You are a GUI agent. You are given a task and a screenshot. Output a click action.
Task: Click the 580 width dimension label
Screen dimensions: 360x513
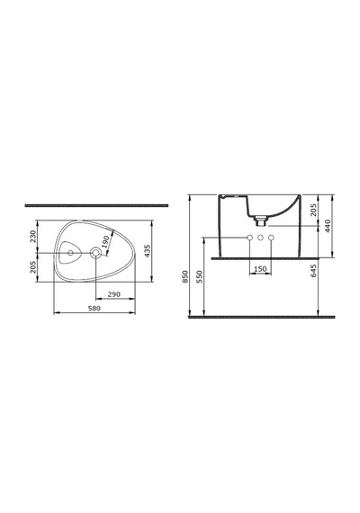(94, 308)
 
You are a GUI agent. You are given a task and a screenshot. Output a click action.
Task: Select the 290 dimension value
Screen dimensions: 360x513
(114, 294)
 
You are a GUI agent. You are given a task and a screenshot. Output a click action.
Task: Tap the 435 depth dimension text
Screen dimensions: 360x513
(148, 251)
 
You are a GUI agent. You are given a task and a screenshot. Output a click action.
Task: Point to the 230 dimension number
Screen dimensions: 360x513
(32, 237)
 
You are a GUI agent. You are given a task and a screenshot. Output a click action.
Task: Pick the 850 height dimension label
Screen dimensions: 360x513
(185, 277)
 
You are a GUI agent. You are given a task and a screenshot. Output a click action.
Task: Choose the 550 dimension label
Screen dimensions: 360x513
(200, 277)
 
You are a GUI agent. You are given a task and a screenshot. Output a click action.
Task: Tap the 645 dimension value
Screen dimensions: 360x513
(313, 271)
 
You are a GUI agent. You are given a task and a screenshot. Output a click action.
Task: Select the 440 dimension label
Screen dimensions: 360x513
(328, 226)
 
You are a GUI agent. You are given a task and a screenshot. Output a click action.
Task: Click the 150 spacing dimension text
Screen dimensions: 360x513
(260, 269)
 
